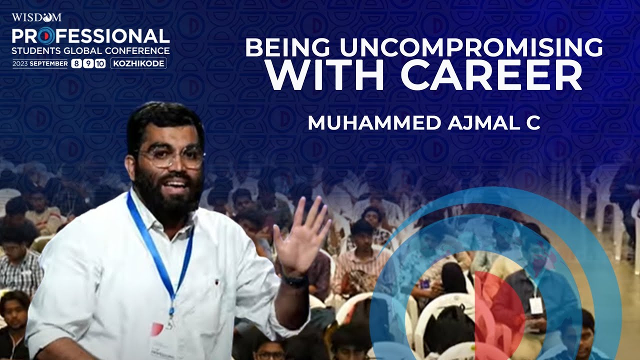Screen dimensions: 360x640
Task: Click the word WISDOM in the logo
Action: (x=36, y=17)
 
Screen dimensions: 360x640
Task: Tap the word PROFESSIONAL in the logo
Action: (x=90, y=36)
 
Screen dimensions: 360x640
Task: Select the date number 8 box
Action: (x=76, y=63)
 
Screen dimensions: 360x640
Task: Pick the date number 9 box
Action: (x=87, y=63)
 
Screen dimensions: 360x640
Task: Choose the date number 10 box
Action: (x=100, y=63)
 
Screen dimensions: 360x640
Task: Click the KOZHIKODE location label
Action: (x=138, y=63)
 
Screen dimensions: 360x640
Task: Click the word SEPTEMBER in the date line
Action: (x=48, y=64)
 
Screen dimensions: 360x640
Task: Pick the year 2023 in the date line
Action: (x=20, y=64)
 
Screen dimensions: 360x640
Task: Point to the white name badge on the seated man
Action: (x=536, y=305)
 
